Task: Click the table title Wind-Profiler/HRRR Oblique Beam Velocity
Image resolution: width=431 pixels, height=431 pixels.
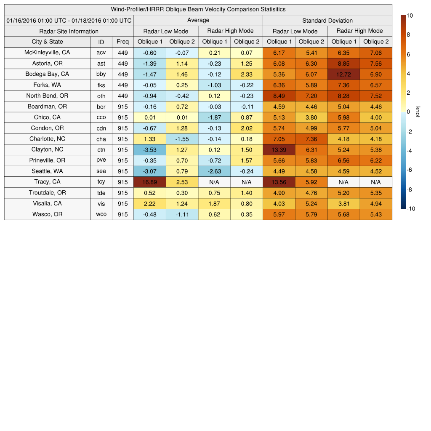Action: tap(198, 9)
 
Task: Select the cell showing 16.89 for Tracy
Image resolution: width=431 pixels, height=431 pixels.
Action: tap(149, 182)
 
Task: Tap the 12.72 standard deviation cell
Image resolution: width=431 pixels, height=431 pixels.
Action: tap(343, 74)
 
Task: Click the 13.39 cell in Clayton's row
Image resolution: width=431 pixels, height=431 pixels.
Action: tap(279, 150)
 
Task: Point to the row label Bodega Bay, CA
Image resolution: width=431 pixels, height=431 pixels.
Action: tap(47, 74)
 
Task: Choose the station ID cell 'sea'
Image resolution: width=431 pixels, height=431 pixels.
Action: tap(101, 171)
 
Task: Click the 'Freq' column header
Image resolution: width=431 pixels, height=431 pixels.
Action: tap(123, 42)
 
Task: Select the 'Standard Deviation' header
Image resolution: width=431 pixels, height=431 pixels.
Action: tap(327, 20)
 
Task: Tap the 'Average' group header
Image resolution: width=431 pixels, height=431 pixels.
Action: tap(198, 20)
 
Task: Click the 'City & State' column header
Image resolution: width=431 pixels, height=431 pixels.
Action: tap(47, 42)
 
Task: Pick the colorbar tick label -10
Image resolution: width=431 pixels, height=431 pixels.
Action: tap(410, 209)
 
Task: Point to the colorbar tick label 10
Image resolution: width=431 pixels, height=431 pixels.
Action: tap(410, 16)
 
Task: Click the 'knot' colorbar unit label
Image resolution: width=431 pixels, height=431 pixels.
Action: tap(418, 112)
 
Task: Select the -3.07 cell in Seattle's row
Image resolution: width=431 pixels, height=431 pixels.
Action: tap(149, 171)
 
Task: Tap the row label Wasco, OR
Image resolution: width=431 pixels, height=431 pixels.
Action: tap(47, 214)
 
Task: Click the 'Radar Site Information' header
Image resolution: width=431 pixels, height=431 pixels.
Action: tap(69, 31)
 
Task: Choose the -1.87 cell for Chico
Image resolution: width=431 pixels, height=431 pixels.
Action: tap(214, 117)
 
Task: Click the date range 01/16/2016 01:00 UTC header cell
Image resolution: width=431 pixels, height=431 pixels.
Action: tap(69, 20)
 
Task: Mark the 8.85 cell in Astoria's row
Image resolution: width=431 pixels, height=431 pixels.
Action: tap(343, 64)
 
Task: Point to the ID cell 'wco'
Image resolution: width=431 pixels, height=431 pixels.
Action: tap(101, 214)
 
